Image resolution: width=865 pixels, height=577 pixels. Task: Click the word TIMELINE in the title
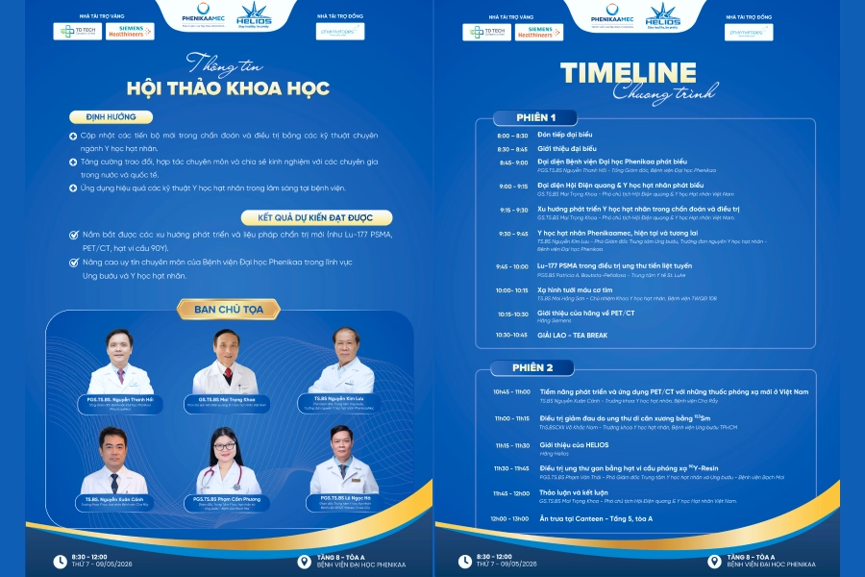(629, 73)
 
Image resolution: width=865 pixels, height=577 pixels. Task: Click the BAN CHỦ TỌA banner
(216, 309)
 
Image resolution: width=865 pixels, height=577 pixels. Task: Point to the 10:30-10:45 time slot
(511, 335)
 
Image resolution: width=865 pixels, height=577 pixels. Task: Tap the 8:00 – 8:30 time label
(511, 136)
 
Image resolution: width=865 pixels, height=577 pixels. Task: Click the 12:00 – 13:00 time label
(510, 518)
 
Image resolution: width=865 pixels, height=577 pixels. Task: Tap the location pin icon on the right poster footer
(714, 561)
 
